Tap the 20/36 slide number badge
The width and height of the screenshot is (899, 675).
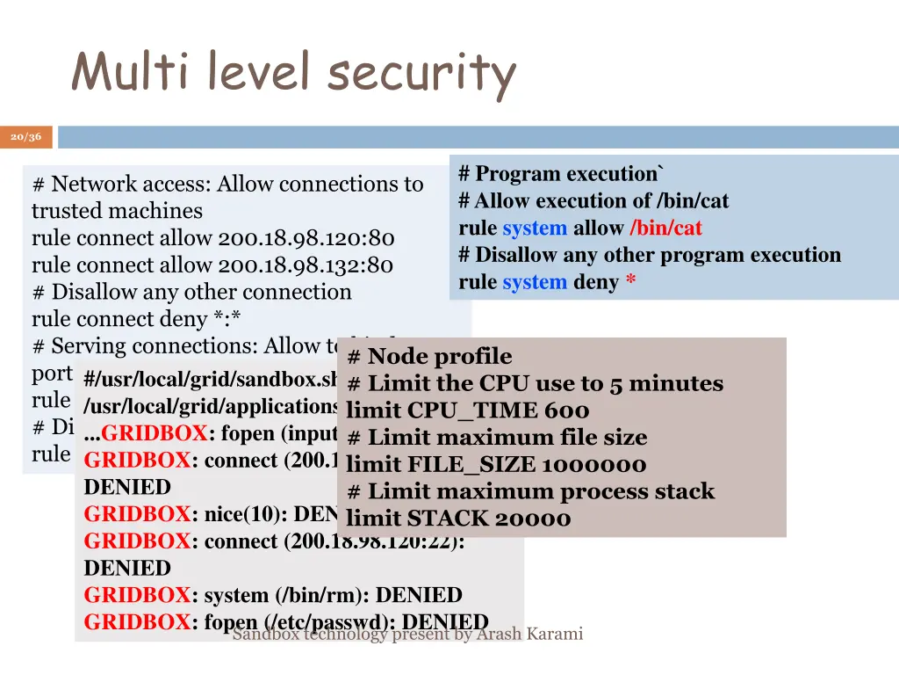tap(26, 137)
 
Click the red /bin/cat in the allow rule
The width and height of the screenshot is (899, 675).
tap(666, 229)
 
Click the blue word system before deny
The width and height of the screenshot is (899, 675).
tap(535, 283)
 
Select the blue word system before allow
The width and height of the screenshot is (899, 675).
tap(535, 229)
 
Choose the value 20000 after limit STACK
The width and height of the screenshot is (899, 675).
tap(533, 519)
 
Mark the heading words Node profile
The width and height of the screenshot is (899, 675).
tap(440, 357)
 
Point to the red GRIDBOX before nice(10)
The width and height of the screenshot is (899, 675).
tap(137, 514)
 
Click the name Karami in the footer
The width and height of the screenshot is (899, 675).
tap(554, 634)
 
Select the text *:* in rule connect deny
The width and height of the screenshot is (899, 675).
tap(234, 319)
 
